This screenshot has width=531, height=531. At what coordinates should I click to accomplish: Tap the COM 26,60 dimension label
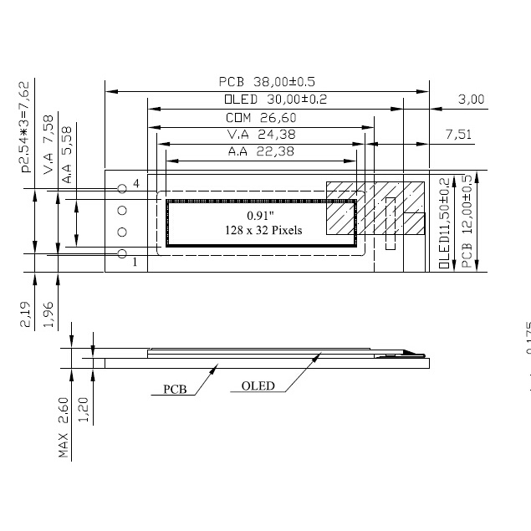(x=261, y=118)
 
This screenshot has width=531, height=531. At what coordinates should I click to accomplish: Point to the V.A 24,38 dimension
(x=261, y=135)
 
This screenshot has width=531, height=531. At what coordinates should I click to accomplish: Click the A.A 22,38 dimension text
(x=261, y=152)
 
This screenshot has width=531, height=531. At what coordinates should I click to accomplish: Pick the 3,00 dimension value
(x=471, y=100)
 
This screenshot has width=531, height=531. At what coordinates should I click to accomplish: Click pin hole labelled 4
(x=122, y=187)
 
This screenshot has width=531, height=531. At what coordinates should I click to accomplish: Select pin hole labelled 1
(x=122, y=253)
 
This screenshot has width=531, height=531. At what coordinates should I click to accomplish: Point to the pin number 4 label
(x=135, y=183)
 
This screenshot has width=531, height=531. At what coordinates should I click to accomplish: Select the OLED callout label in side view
(x=258, y=386)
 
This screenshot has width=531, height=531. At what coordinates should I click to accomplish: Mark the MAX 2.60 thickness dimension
(x=65, y=426)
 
